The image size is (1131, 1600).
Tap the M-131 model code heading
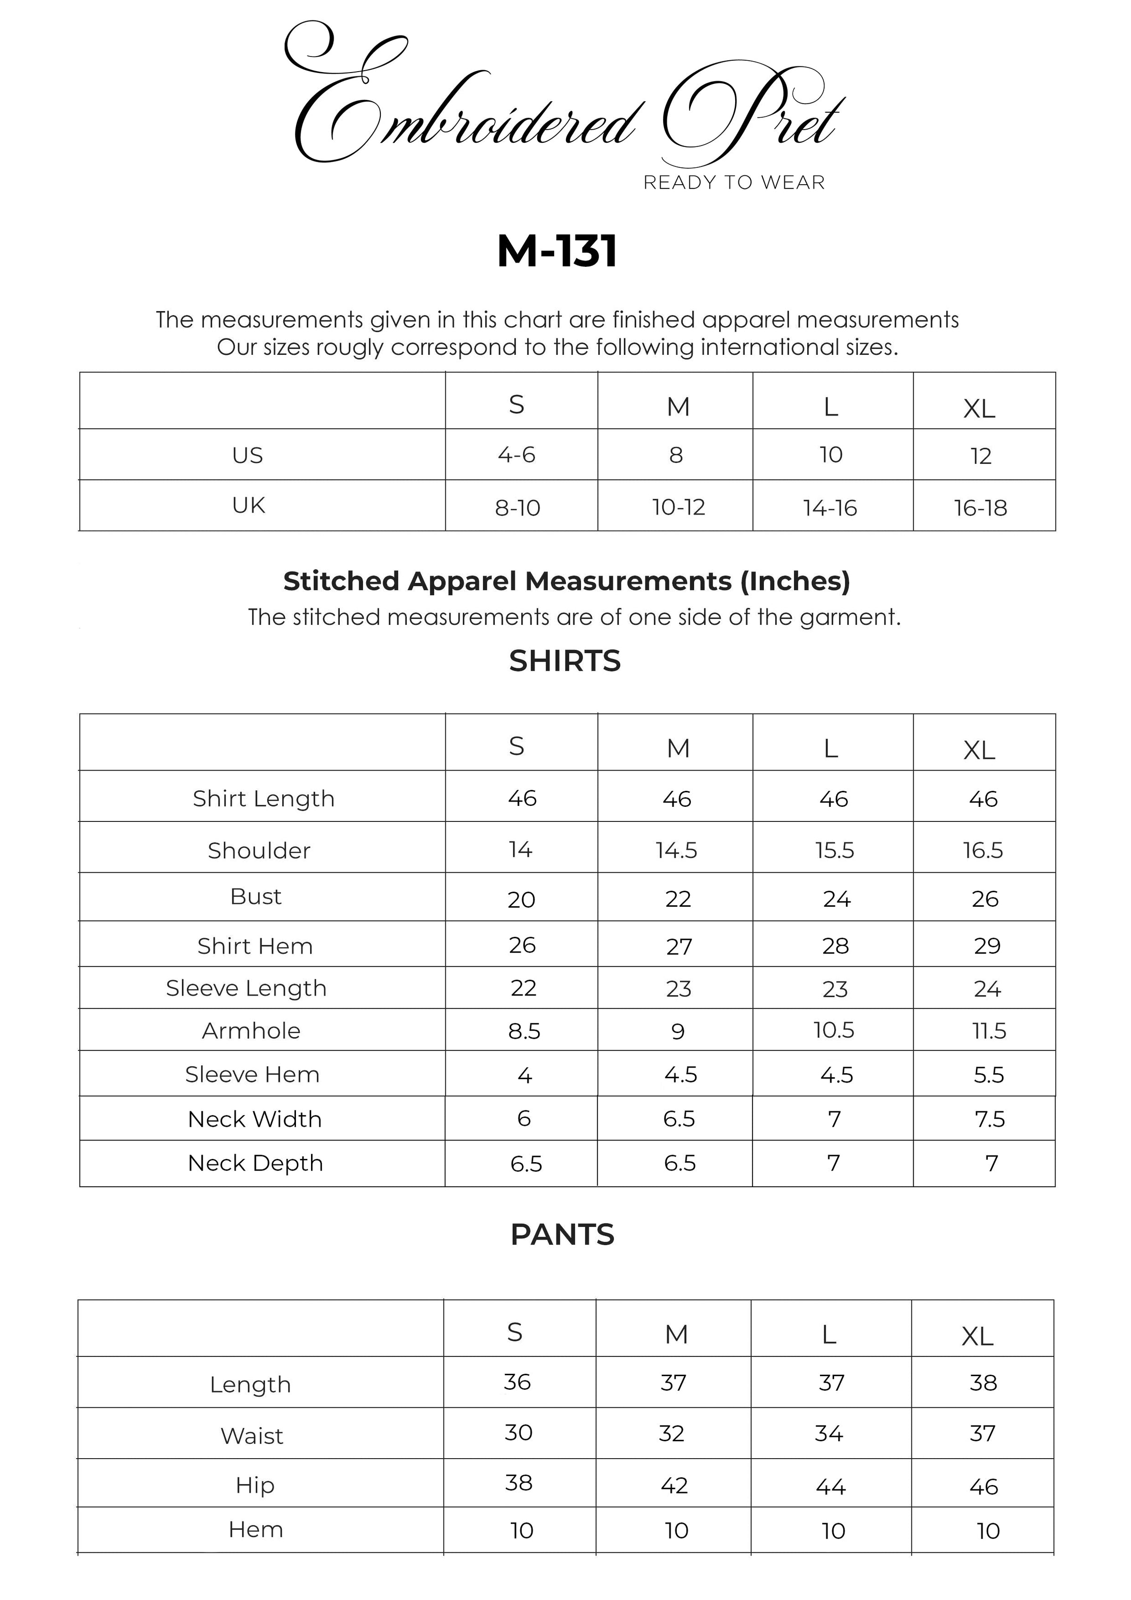pyautogui.click(x=557, y=252)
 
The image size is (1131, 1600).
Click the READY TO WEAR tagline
pyautogui.click(x=734, y=182)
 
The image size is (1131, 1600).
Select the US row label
pyautogui.click(x=247, y=455)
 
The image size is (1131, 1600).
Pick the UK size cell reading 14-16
pyautogui.click(x=830, y=508)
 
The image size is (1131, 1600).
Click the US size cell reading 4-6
pyautogui.click(x=516, y=455)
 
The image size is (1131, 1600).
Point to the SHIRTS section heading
pyautogui.click(x=565, y=661)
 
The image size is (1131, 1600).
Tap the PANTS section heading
pyautogui.click(x=562, y=1235)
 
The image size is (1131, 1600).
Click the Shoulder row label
pyautogui.click(x=259, y=850)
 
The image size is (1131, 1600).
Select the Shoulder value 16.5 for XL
pyautogui.click(x=983, y=850)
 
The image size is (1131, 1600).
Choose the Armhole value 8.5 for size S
pyautogui.click(x=524, y=1031)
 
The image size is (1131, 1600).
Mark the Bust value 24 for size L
pyautogui.click(x=836, y=899)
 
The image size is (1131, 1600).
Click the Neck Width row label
pyautogui.click(x=255, y=1119)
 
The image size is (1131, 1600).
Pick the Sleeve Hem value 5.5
pyautogui.click(x=989, y=1075)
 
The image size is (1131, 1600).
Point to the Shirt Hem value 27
pyautogui.click(x=679, y=946)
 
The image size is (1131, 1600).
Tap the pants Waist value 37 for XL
pyautogui.click(x=983, y=1434)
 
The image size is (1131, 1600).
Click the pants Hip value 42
pyautogui.click(x=674, y=1485)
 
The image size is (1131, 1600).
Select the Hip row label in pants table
pyautogui.click(x=255, y=1485)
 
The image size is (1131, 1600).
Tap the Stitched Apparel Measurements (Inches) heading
pyautogui.click(x=566, y=581)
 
